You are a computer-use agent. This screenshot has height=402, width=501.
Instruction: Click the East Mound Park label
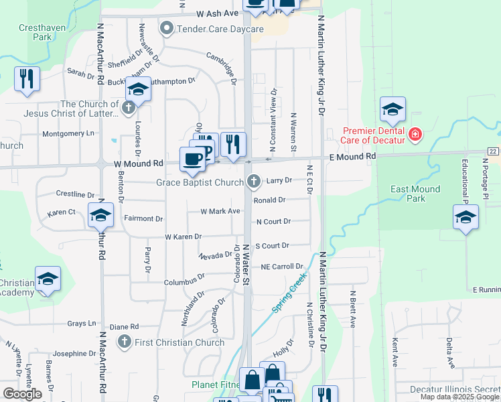point(415,194)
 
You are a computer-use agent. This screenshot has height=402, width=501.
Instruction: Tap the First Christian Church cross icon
point(123,342)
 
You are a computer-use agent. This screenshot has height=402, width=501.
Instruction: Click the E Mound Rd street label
point(352,156)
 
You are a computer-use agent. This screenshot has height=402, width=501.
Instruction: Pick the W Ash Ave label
point(218,13)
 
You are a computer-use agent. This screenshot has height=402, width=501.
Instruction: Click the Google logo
point(23,394)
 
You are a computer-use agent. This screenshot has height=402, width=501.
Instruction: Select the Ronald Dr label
point(270,200)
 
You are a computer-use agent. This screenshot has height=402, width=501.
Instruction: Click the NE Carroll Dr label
point(282,267)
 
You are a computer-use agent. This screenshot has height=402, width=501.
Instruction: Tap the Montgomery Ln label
point(68,133)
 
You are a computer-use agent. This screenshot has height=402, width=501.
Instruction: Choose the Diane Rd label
point(124,327)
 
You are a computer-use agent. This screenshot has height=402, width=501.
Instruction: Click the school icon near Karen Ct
point(100,214)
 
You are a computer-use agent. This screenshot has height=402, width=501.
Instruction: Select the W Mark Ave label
point(220,211)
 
